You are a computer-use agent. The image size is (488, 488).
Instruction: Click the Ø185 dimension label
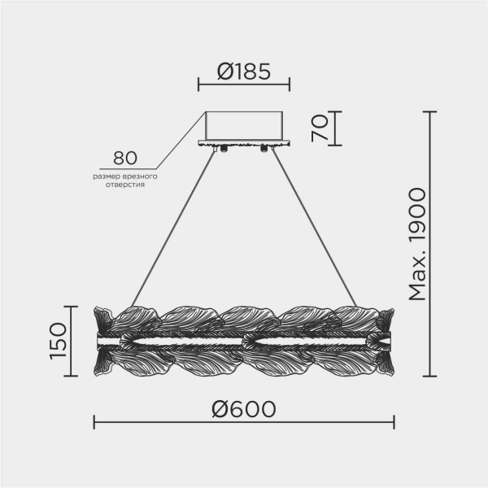[244, 72]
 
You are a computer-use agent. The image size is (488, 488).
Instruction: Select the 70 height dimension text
[320, 129]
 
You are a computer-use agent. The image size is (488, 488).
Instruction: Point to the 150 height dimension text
[59, 341]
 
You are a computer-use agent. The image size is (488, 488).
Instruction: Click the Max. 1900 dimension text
[417, 244]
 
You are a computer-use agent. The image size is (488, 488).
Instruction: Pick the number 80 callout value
[124, 158]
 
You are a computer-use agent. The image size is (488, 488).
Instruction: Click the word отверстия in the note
[125, 185]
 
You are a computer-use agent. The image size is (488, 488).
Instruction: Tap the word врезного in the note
[140, 176]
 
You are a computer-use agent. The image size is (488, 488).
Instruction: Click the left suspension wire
[173, 228]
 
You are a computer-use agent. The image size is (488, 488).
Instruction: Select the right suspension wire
[314, 228]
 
